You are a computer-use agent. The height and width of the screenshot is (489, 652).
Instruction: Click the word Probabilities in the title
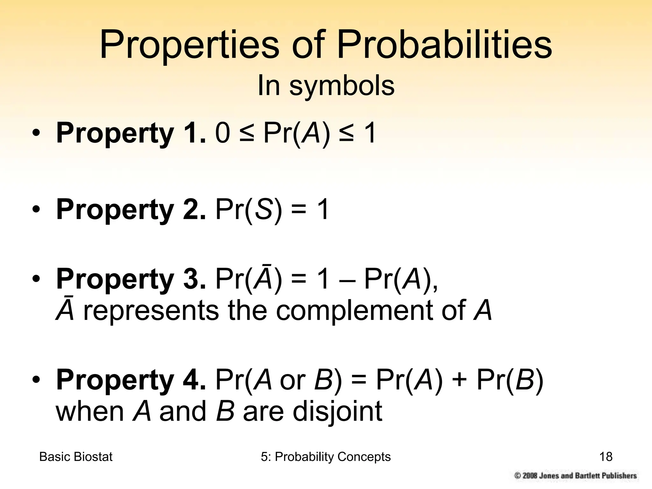444,45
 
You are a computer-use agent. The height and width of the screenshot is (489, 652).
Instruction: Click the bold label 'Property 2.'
131,209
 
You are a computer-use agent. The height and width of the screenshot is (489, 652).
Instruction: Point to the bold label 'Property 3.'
131,279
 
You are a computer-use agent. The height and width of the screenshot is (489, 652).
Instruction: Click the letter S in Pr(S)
264,209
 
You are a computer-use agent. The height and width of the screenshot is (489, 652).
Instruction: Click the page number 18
606,457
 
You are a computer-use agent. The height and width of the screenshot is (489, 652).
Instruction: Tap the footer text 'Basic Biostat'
76,457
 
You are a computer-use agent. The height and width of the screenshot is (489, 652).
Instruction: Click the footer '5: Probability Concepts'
326,457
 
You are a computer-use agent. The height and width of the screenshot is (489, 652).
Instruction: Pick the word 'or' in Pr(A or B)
293,380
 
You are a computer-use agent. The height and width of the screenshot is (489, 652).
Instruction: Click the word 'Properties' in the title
189,45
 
